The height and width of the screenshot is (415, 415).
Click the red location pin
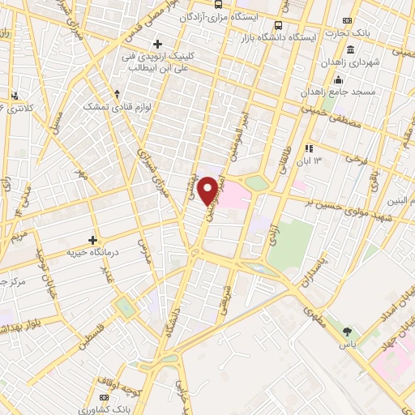click(x=209, y=190)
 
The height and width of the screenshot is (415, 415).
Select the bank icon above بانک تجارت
click(x=348, y=21)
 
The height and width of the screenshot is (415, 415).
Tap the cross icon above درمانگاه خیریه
click(x=93, y=240)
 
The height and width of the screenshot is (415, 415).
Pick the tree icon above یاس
click(x=348, y=331)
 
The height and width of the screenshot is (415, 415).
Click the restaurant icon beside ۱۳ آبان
click(x=308, y=148)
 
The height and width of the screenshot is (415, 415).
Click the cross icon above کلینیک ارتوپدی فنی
click(x=158, y=44)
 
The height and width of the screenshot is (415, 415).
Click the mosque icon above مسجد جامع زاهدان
click(x=338, y=79)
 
